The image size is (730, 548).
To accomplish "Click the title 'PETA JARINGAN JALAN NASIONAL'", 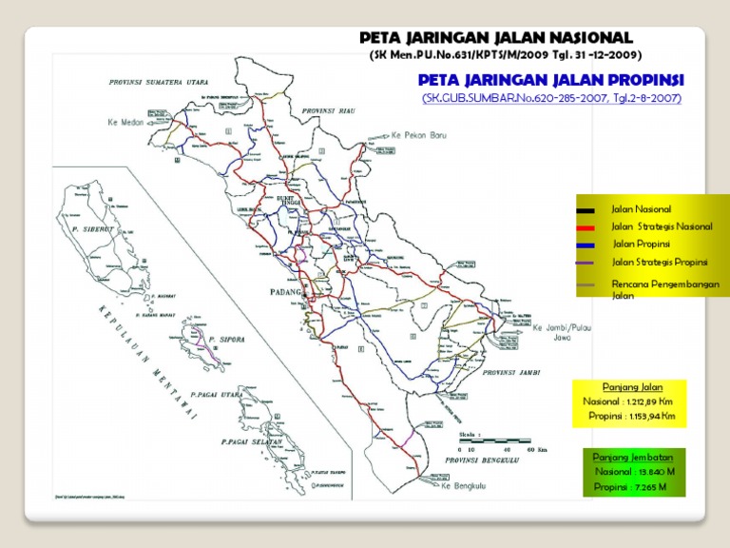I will [x=494, y=37].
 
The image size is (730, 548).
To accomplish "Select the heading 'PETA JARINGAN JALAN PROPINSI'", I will [x=551, y=80].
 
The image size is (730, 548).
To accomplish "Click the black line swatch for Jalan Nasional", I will [x=585, y=209].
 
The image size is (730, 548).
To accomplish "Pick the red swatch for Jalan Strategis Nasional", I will [x=585, y=227].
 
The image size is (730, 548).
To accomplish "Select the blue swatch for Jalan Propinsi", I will [x=585, y=245].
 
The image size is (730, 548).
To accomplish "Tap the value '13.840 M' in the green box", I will [x=657, y=471].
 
